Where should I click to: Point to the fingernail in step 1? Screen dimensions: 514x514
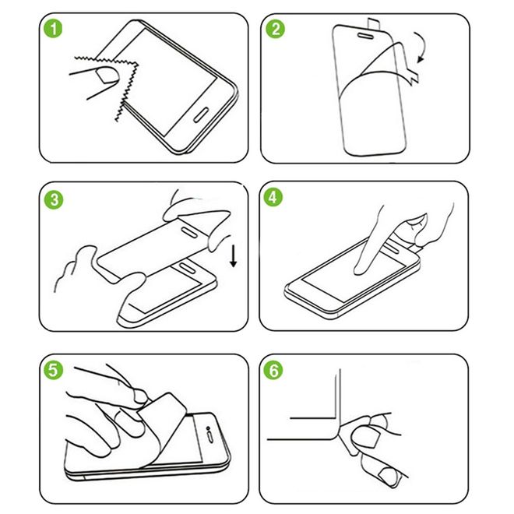[x=100, y=75]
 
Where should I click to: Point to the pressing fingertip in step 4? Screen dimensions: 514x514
[x=360, y=268]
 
